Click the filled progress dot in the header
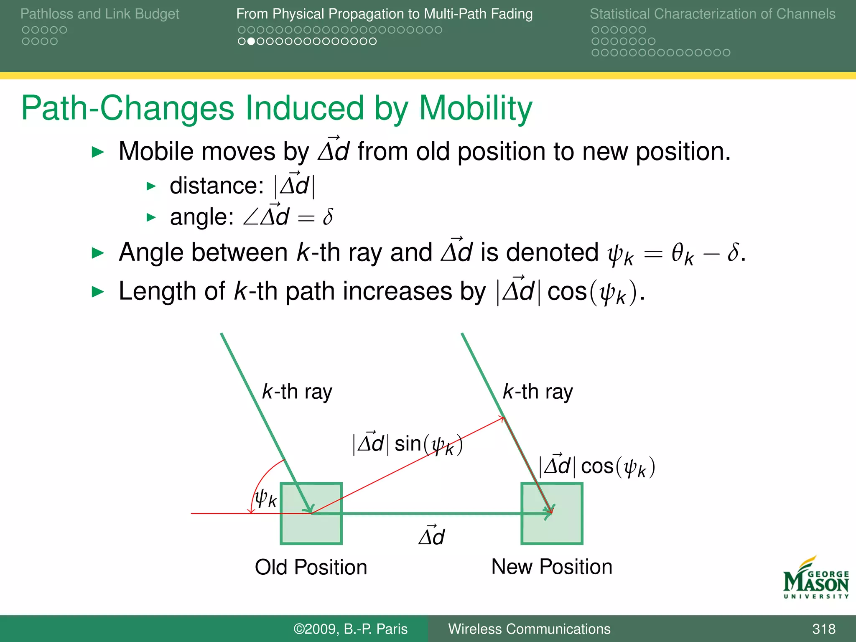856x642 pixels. [x=251, y=41]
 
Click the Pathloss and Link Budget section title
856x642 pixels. [x=99, y=14]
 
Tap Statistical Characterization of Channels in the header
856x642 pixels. [x=712, y=14]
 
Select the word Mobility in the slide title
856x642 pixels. [x=475, y=108]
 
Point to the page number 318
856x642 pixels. [x=823, y=629]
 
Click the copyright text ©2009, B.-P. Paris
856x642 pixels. [x=350, y=629]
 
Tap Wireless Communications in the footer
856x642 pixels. [x=529, y=629]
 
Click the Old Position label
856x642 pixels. [x=311, y=567]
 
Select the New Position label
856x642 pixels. [x=552, y=567]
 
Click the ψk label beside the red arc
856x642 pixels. [x=266, y=498]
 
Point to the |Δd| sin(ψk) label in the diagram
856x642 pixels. [x=408, y=444]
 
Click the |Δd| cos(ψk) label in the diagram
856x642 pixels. [x=597, y=466]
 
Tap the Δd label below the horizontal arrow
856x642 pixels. [x=432, y=536]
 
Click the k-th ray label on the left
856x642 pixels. [x=297, y=392]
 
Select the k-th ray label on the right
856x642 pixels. [x=538, y=392]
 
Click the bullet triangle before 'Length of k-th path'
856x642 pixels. [x=97, y=292]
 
